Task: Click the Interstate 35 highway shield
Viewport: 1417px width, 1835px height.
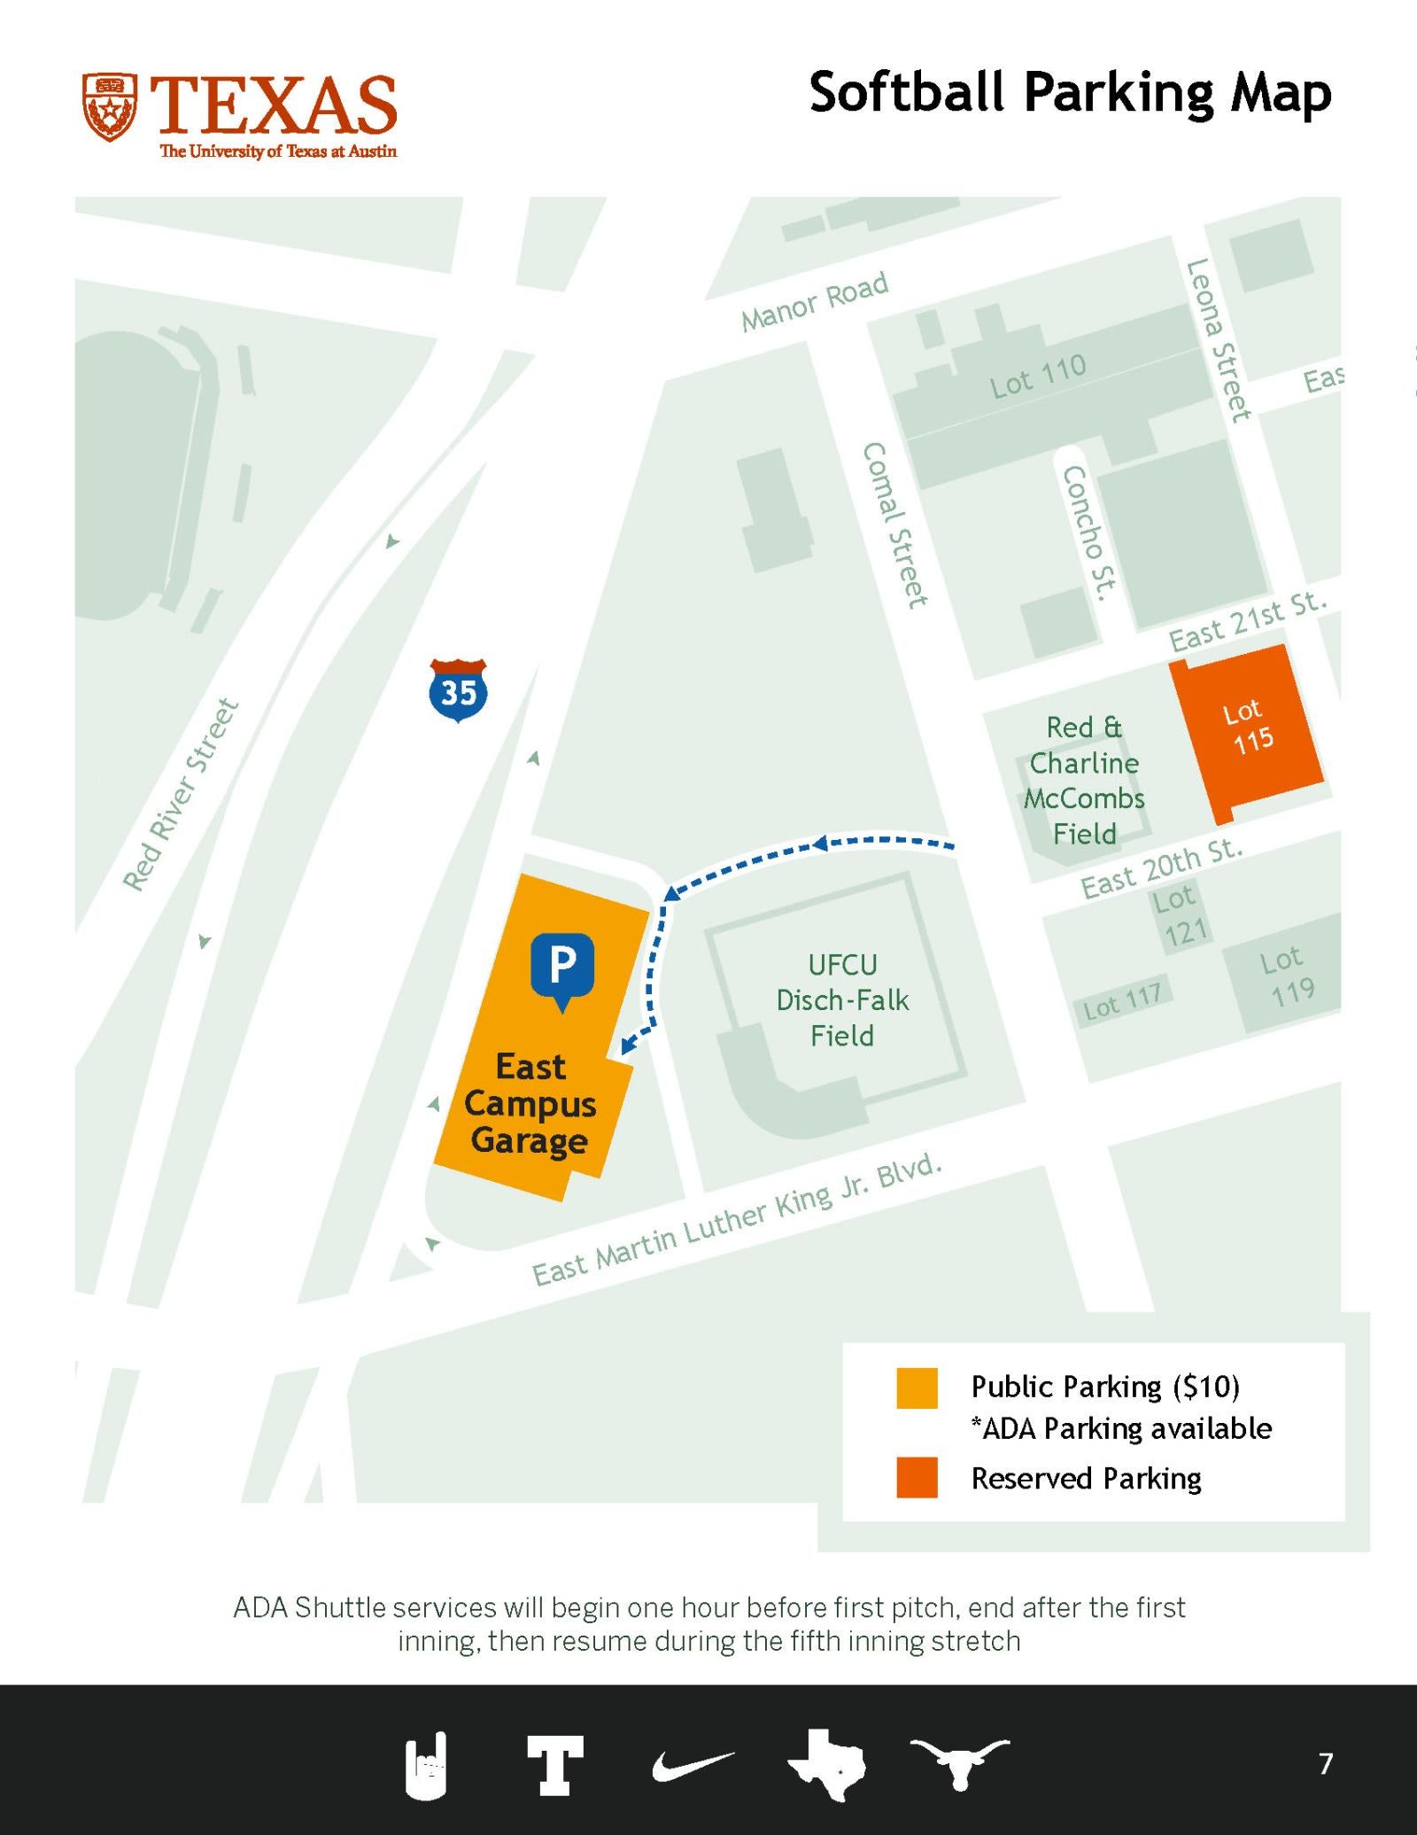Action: [458, 690]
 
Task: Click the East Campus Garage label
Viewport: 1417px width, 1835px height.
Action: [530, 1103]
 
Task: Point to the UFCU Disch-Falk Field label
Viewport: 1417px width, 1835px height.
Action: [841, 999]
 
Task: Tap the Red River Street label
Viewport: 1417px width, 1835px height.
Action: [181, 794]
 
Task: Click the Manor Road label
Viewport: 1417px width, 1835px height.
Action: [815, 301]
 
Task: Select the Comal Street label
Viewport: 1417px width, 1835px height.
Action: [894, 525]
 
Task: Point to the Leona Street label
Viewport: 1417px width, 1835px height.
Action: [1220, 340]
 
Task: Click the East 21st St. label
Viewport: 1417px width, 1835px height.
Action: [1248, 621]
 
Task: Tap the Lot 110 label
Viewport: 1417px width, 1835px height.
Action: [1037, 376]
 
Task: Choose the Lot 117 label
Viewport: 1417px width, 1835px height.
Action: [1122, 1001]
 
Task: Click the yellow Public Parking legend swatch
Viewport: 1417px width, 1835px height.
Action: [917, 1388]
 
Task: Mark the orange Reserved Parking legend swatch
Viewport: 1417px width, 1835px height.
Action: [917, 1477]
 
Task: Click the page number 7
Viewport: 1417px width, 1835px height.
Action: [1325, 1763]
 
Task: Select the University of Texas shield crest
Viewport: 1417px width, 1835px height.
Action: [110, 107]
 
